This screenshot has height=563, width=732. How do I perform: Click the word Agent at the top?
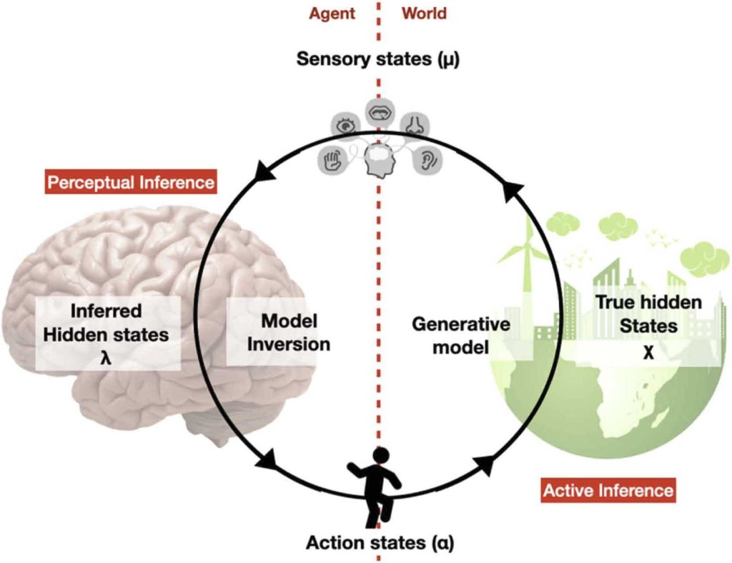point(332,13)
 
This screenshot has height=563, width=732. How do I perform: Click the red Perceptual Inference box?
point(131,182)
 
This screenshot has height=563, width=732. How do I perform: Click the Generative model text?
point(462,335)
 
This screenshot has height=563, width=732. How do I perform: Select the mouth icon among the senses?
point(379,110)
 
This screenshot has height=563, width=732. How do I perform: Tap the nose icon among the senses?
point(414,125)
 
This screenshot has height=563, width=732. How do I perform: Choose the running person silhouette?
point(375,485)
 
